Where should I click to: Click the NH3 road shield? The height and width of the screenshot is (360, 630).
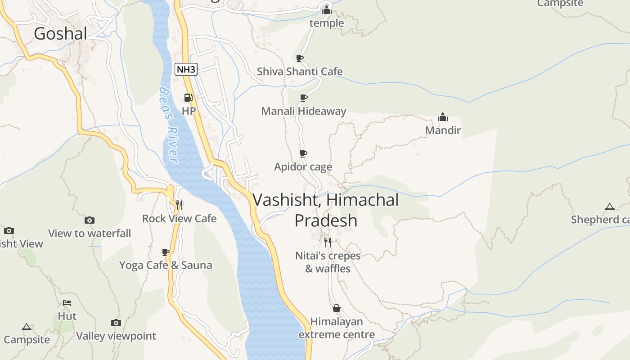point(186,69)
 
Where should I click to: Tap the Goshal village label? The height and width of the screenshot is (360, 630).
point(60,34)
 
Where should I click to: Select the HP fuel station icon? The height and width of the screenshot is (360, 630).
point(189,98)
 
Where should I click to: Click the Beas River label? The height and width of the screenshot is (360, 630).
point(169,125)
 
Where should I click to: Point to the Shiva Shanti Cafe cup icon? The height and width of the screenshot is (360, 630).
point(300,58)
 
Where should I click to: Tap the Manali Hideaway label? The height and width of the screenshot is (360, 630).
point(304,111)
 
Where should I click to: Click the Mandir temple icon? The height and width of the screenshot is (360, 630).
point(443,117)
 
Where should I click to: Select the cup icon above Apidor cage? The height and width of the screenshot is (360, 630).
point(303,153)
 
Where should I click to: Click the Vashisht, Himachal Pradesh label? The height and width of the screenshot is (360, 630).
point(326,210)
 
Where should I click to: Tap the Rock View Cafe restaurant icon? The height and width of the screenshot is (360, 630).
point(179,205)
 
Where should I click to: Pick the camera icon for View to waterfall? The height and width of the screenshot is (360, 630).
point(90,220)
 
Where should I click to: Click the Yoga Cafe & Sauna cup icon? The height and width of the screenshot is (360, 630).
point(166,252)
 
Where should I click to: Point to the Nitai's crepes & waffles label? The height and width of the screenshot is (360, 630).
point(328,262)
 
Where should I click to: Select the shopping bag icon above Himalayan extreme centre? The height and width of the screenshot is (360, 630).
point(336,308)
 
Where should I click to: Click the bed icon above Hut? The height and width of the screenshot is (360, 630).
point(67,303)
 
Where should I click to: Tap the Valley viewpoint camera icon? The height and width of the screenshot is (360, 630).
point(116,323)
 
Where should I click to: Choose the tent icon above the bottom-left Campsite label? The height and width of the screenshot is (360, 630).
point(27,327)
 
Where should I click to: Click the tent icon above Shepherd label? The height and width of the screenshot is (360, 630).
point(610,207)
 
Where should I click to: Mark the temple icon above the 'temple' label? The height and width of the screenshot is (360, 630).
point(327,9)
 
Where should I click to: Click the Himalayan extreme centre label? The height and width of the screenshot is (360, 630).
point(337,328)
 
